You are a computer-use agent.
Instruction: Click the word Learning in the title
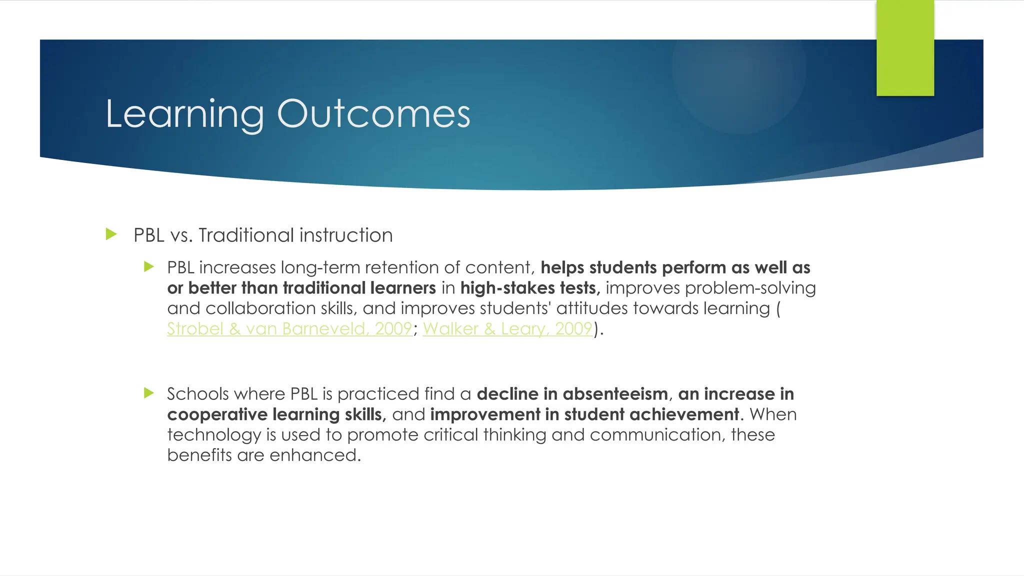coord(184,115)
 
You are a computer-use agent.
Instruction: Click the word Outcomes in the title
coord(373,114)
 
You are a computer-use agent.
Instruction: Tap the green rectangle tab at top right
coord(905,48)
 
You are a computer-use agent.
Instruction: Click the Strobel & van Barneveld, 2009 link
coord(289,329)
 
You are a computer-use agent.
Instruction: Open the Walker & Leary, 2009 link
coord(507,329)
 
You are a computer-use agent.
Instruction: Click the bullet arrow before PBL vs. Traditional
coord(111,234)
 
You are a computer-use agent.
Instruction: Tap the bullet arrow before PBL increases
coord(148,266)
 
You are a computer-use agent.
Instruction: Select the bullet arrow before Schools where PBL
coord(148,393)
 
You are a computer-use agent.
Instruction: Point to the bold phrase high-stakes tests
coord(530,288)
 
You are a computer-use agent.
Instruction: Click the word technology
coord(214,435)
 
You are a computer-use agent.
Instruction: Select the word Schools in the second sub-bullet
coord(197,394)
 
